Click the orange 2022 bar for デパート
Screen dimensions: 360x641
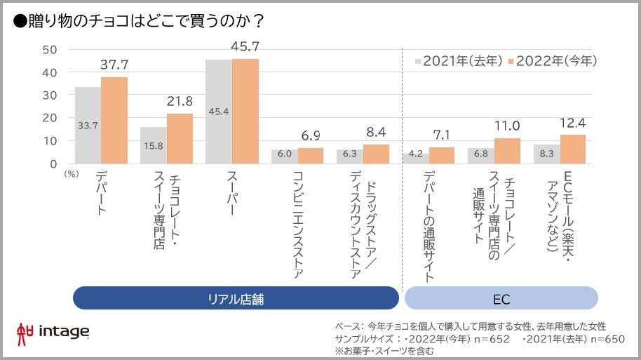(x=114, y=120)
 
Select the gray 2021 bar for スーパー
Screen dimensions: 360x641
(x=219, y=112)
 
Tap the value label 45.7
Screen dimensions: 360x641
(x=246, y=47)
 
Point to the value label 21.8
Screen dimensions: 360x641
(x=180, y=102)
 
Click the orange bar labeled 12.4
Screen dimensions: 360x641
(x=572, y=149)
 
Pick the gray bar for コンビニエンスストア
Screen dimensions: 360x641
(x=285, y=156)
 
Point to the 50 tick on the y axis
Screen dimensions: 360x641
(x=49, y=50)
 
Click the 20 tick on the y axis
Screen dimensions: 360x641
(x=49, y=118)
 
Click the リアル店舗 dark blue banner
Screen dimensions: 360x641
(x=236, y=298)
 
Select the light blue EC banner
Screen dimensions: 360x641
(x=501, y=298)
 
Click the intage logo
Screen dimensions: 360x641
(x=52, y=331)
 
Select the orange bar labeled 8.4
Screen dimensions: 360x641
(x=376, y=154)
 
